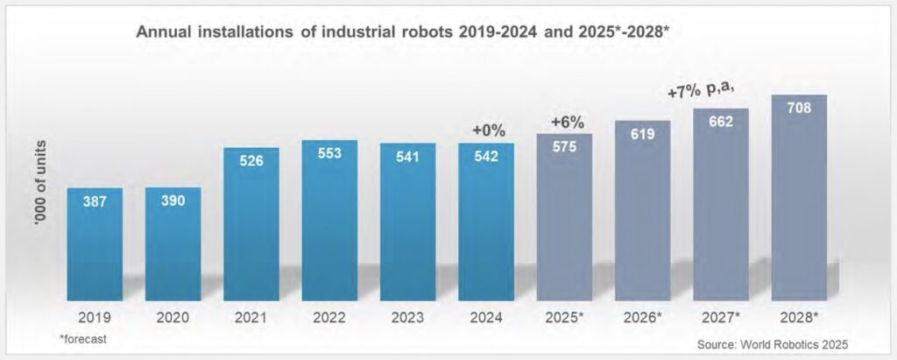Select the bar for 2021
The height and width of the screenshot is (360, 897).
(251, 222)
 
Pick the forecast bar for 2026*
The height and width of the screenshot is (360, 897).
(643, 209)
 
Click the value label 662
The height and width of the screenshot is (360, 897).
(721, 122)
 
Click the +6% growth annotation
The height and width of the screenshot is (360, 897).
(567, 122)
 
